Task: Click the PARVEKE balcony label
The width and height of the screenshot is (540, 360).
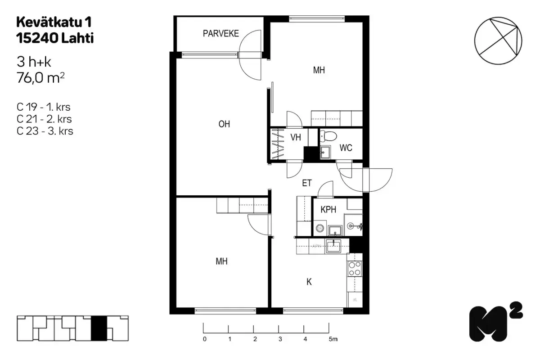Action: pyautogui.click(x=220, y=33)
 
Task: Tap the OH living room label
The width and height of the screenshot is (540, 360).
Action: pyautogui.click(x=224, y=124)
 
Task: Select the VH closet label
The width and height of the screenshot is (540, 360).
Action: pyautogui.click(x=296, y=138)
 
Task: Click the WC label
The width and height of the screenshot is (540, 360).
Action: pyautogui.click(x=346, y=148)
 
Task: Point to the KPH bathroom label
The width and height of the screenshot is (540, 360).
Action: pyautogui.click(x=329, y=210)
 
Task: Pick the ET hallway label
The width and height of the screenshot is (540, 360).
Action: pyautogui.click(x=307, y=183)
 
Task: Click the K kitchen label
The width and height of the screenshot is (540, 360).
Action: pyautogui.click(x=309, y=282)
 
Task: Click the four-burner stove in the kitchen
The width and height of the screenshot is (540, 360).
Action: pyautogui.click(x=355, y=268)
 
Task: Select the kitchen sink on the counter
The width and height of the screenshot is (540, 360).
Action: pyautogui.click(x=333, y=246)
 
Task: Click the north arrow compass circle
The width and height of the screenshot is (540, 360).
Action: pyautogui.click(x=498, y=40)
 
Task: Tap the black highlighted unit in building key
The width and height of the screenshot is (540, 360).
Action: pyautogui.click(x=99, y=328)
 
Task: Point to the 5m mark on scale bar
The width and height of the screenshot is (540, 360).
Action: pyautogui.click(x=332, y=338)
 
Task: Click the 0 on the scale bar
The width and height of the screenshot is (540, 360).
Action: pyautogui.click(x=205, y=338)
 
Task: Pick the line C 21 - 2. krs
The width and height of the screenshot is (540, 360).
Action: pyautogui.click(x=44, y=119)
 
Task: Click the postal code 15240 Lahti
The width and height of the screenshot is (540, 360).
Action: pyautogui.click(x=55, y=39)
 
